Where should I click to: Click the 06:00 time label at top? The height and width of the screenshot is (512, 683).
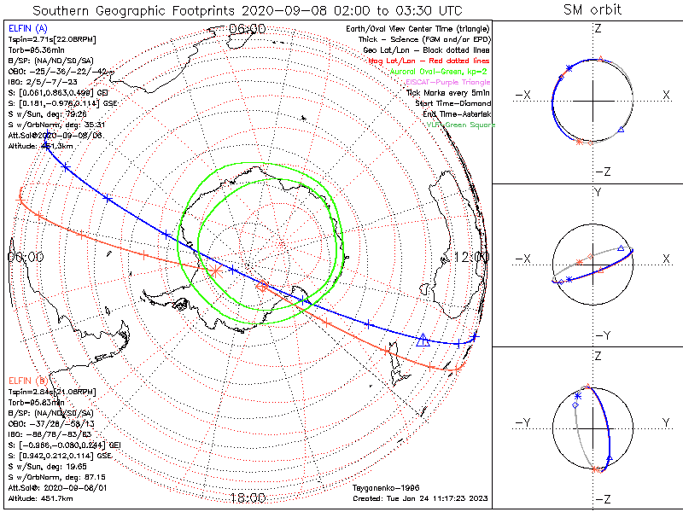248,29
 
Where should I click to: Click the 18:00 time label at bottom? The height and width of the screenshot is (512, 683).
248,497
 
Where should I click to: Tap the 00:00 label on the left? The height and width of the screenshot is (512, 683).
25,256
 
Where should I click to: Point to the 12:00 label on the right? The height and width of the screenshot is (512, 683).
471,257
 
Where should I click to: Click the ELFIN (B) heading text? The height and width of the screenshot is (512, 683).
29,379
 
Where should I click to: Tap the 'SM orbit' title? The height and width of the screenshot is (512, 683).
593,10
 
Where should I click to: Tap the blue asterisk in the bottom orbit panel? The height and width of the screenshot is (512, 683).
577,396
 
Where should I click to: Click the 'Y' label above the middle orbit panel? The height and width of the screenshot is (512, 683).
597,193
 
